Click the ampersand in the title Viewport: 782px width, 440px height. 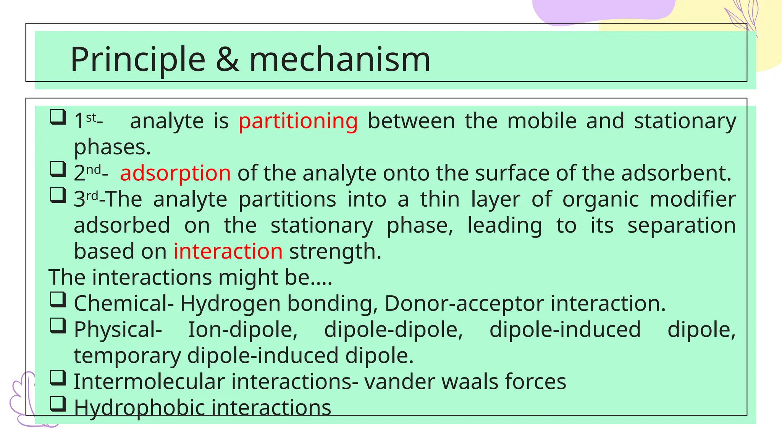(x=228, y=60)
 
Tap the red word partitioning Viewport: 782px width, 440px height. (x=298, y=121)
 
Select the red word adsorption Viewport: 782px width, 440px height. (x=175, y=173)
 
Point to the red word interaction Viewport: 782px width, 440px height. (x=228, y=251)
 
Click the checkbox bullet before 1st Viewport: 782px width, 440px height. (x=58, y=117)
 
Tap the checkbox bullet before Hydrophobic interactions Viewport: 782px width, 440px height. (x=58, y=403)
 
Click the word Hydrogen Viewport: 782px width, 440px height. (x=230, y=304)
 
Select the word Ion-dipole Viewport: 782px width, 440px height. (x=242, y=330)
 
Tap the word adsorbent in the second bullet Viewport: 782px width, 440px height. (x=676, y=173)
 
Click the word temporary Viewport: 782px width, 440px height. (x=127, y=356)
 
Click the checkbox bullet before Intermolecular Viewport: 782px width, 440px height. (x=58, y=377)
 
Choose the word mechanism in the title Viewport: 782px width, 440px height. (x=340, y=60)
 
